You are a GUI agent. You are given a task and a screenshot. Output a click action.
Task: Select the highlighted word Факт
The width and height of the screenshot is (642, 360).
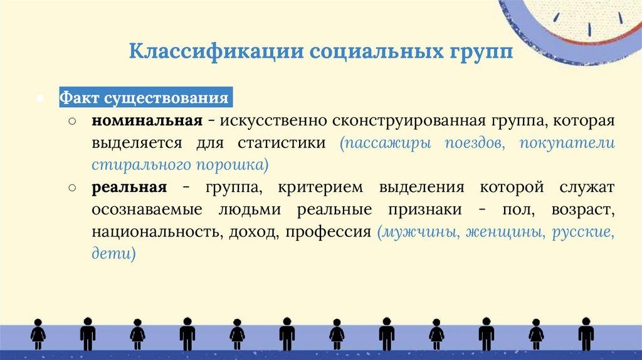(79, 97)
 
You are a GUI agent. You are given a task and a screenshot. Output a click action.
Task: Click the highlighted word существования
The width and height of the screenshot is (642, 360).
(166, 98)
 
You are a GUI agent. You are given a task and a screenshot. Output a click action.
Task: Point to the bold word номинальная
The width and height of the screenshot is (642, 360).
(147, 121)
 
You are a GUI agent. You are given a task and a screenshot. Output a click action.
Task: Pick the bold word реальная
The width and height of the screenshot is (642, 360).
(129, 187)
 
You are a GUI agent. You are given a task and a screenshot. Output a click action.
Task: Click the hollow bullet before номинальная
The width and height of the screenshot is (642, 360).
(72, 121)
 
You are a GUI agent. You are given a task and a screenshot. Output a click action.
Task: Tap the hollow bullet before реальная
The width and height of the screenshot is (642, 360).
(72, 188)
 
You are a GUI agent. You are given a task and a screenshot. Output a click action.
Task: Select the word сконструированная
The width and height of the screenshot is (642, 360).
(409, 121)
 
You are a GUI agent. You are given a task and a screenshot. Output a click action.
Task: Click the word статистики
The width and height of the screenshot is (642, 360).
(282, 143)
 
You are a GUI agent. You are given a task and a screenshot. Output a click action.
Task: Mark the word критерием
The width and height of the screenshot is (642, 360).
(320, 188)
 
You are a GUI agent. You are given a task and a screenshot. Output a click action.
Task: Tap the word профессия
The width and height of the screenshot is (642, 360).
(329, 232)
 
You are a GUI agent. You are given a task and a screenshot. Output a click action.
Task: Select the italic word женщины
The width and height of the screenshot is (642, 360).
(506, 232)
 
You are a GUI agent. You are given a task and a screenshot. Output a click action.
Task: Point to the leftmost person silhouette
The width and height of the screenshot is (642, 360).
(38, 334)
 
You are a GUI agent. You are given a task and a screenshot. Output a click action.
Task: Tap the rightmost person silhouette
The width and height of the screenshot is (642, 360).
(586, 334)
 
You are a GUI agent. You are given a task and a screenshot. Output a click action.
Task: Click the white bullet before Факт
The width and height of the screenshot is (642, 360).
(40, 98)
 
